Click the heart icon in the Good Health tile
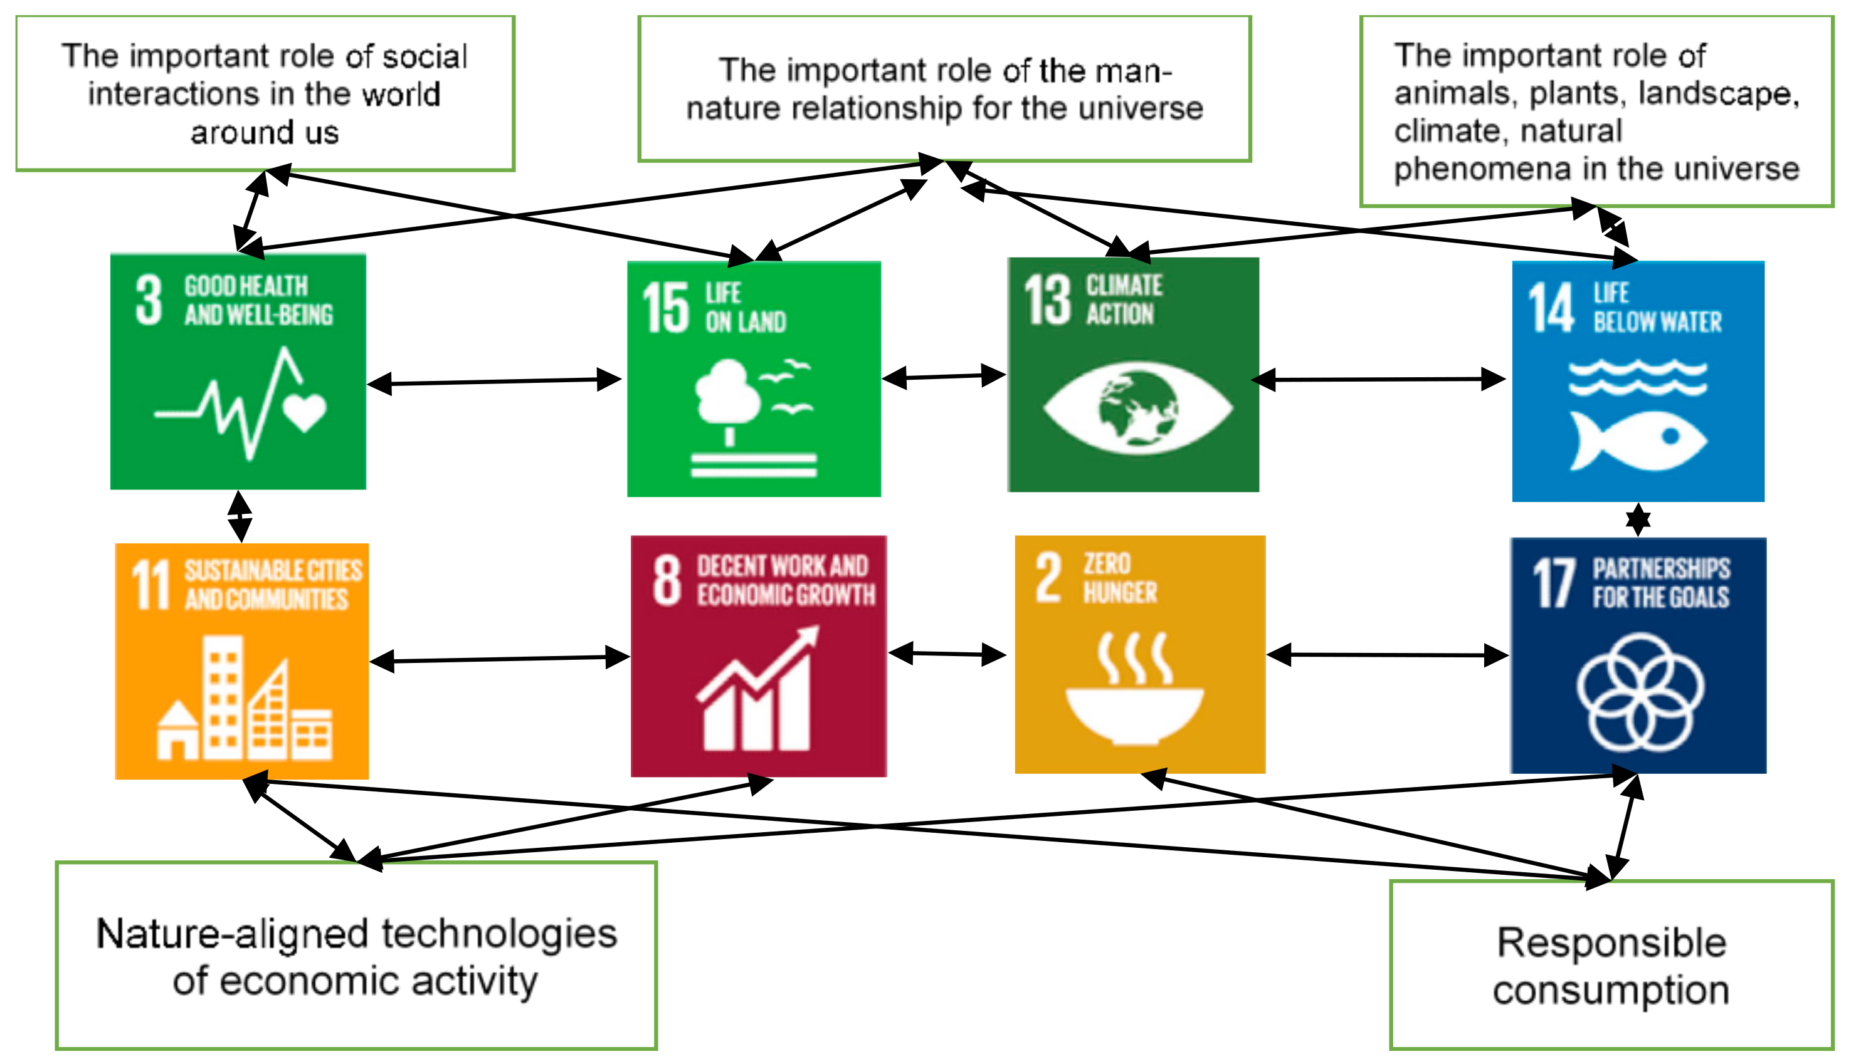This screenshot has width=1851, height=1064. [x=304, y=412]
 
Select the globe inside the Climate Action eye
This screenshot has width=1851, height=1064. [x=1137, y=408]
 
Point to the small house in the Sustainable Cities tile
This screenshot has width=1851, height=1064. [x=177, y=731]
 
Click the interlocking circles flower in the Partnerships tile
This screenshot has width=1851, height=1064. [x=1640, y=692]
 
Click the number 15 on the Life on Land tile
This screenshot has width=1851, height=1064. [x=665, y=308]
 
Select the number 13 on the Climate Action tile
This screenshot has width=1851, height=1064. [x=1047, y=300]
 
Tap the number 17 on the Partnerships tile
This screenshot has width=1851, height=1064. [x=1553, y=583]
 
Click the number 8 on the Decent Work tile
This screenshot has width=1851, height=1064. [x=667, y=580]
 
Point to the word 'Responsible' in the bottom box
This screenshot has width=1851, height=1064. [x=1611, y=942]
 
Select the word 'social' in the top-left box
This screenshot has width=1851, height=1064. [x=425, y=57]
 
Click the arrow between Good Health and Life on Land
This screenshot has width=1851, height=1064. [x=494, y=382]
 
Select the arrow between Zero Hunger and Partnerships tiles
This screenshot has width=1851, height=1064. [x=1387, y=655]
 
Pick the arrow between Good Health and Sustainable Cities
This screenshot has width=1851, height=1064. [x=240, y=516]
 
